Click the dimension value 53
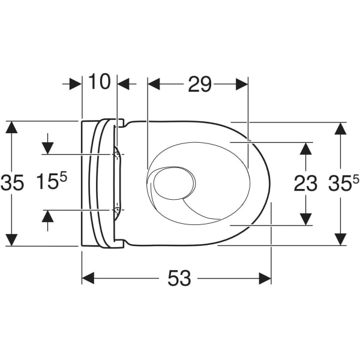tap(178, 278)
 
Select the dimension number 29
tap(200, 85)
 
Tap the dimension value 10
tap(100, 81)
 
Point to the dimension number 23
tap(305, 184)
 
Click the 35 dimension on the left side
tap(12, 182)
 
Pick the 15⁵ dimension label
tap(50, 182)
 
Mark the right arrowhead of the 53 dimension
tap(264, 278)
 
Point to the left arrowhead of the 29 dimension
tap(154, 85)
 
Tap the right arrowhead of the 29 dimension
tap(241, 85)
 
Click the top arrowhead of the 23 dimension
tap(306, 148)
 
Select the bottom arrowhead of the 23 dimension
tap(306, 219)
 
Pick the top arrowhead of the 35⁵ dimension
tap(340, 128)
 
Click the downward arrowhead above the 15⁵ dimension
tap(47, 148)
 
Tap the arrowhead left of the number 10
tap(74, 85)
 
